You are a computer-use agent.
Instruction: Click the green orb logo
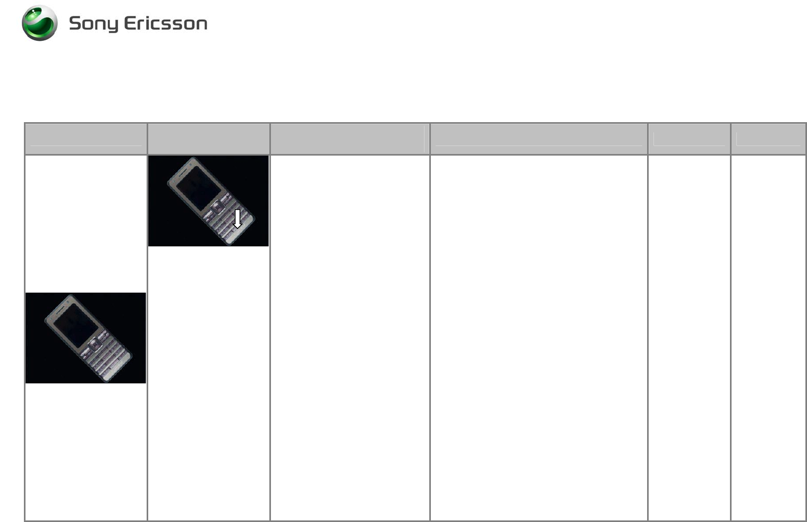pyautogui.click(x=40, y=23)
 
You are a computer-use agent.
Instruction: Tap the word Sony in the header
pyautogui.click(x=94, y=24)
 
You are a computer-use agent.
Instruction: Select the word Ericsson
pyautogui.click(x=166, y=23)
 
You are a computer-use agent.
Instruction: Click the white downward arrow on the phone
pyautogui.click(x=237, y=219)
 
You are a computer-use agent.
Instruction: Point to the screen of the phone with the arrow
pyautogui.click(x=199, y=189)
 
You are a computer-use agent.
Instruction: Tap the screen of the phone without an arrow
pyautogui.click(x=76, y=326)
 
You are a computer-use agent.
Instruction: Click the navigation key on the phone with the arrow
pyautogui.click(x=217, y=207)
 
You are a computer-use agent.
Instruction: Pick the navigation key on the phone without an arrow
pyautogui.click(x=95, y=345)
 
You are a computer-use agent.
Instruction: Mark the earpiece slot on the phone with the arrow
pyautogui.click(x=183, y=173)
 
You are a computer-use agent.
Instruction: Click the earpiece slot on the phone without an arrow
pyautogui.click(x=61, y=310)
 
